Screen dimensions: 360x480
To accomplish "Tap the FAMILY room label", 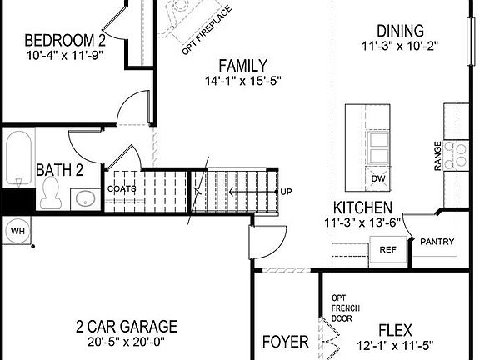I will [x=242, y=66].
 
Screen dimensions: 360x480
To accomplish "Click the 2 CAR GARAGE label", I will [x=126, y=326].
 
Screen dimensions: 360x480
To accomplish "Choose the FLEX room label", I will [x=395, y=329].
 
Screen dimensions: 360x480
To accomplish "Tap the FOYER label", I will [x=285, y=342].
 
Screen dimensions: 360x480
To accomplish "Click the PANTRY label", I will [x=437, y=242].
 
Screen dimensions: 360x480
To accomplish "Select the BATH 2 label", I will [x=60, y=171].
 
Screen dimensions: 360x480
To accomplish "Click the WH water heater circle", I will [x=16, y=229].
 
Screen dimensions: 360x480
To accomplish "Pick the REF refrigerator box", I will [x=387, y=249].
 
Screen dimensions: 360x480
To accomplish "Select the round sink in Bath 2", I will [x=82, y=199].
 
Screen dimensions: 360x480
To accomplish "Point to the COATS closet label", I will [x=120, y=188].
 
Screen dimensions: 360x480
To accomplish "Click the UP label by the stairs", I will [x=286, y=192].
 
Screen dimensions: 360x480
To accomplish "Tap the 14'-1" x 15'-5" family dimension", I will [x=242, y=82].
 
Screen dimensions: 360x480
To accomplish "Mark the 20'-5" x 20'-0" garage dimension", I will [x=126, y=341].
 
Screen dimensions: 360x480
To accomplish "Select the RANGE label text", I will [x=437, y=157].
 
